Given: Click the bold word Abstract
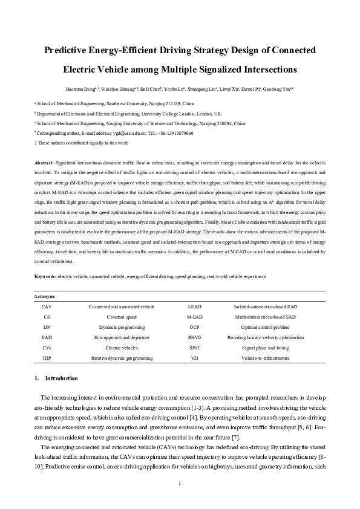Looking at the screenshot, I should click(43, 163).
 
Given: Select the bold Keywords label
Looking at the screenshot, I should click(45, 276).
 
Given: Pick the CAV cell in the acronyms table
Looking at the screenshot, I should click(47, 307).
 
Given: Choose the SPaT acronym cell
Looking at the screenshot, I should click(194, 348).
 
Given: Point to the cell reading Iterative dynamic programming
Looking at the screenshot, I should click(120, 358).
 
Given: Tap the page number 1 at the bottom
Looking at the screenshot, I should click(180, 482).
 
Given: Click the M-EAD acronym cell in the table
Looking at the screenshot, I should click(194, 317).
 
